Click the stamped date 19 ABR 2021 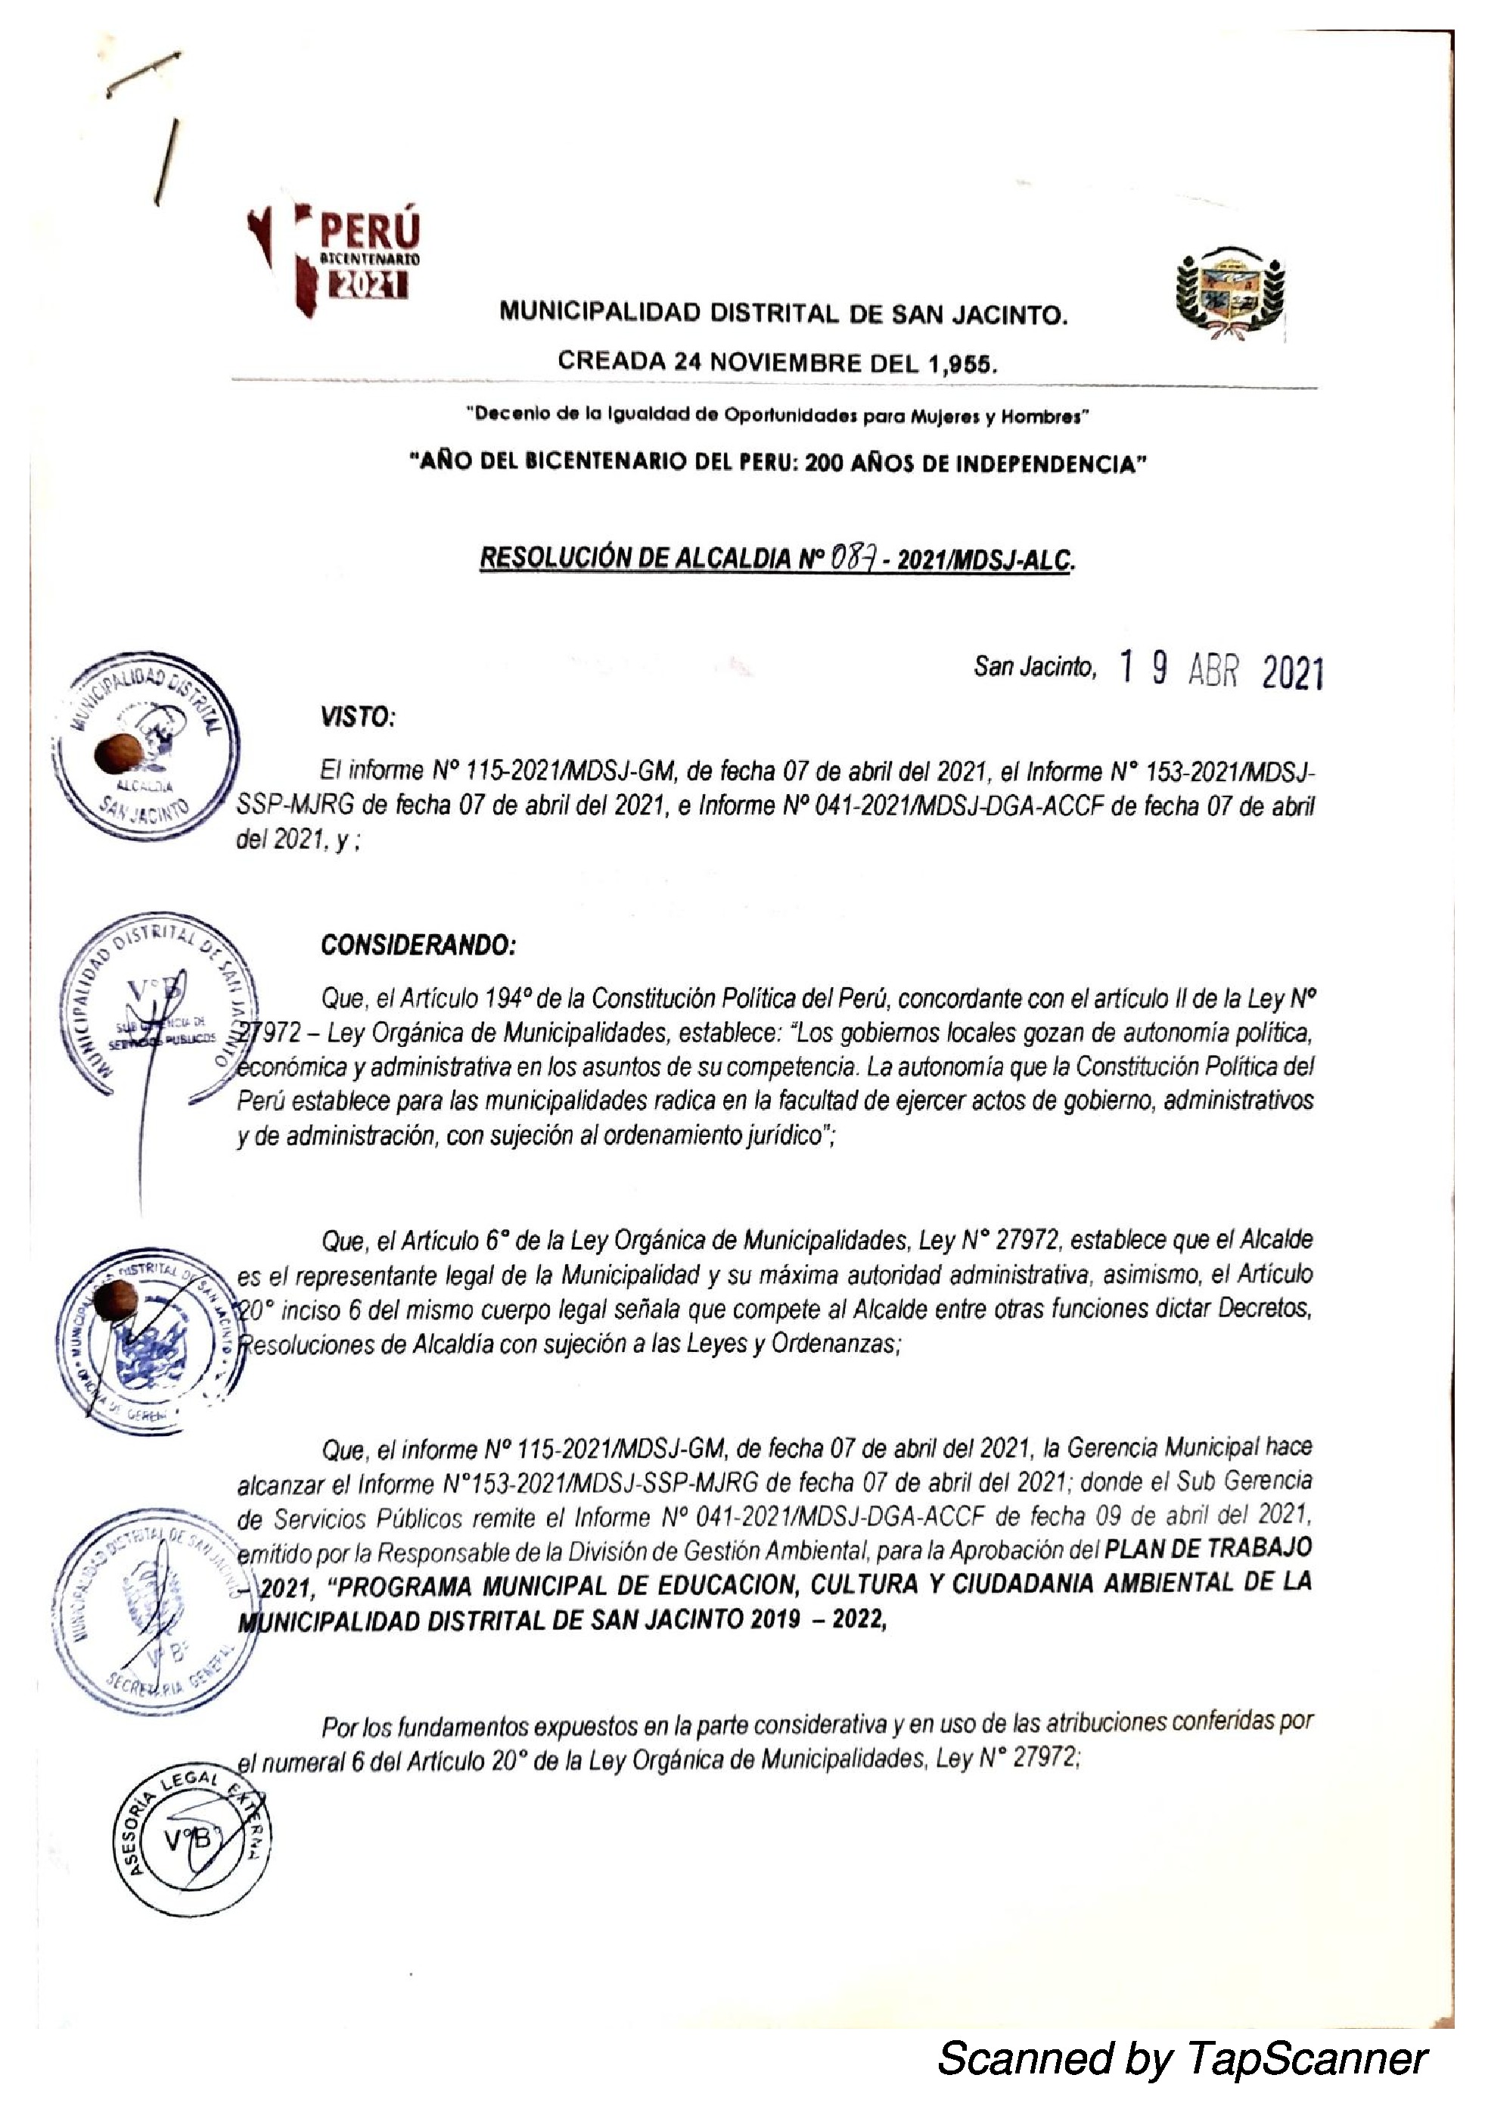click(x=1221, y=671)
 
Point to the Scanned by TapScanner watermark click(x=1182, y=2058)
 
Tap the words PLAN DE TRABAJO click(x=1209, y=1547)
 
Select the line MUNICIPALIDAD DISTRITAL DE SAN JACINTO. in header click(x=784, y=315)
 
